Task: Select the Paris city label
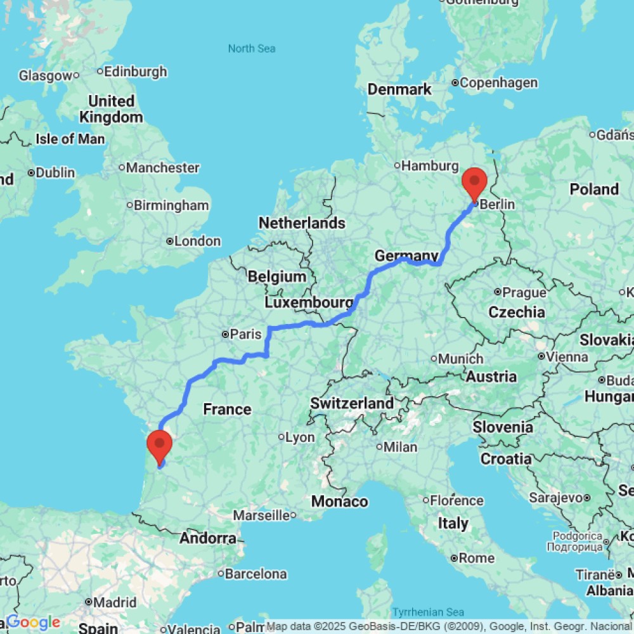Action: click(x=245, y=334)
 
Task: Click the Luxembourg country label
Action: click(x=309, y=303)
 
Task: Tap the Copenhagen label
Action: click(x=498, y=82)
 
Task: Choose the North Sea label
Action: click(x=252, y=48)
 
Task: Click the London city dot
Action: click(x=170, y=242)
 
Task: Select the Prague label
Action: click(x=524, y=292)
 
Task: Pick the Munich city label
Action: click(x=461, y=359)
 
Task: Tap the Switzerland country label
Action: click(x=352, y=403)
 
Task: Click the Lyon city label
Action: click(x=300, y=437)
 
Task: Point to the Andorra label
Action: click(x=208, y=539)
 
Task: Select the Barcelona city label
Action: click(x=256, y=574)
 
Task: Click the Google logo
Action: click(x=34, y=623)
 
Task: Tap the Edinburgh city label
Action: click(x=136, y=72)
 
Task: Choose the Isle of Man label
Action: click(x=70, y=139)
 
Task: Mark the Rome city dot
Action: click(x=454, y=559)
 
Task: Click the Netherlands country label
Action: click(x=302, y=223)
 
